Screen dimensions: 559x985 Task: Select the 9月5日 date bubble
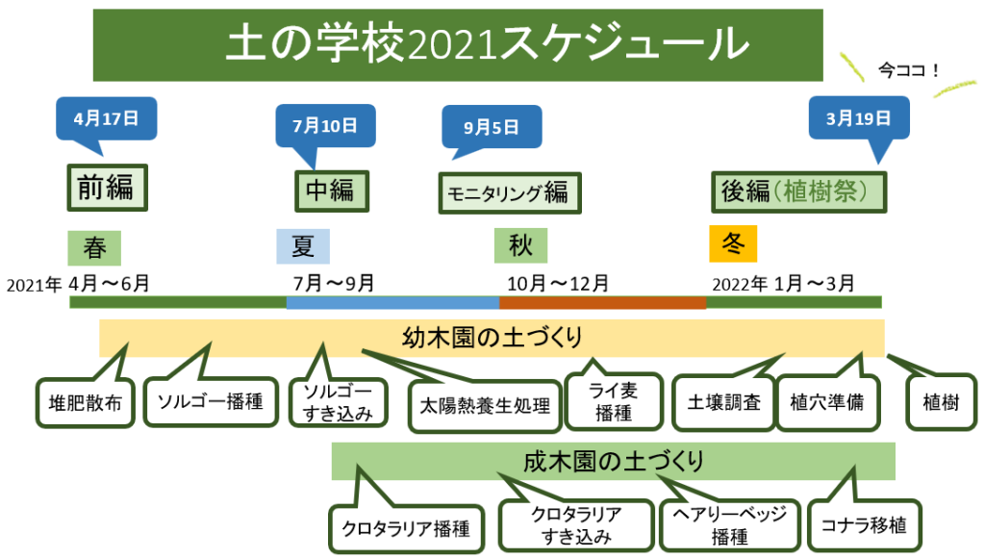491,126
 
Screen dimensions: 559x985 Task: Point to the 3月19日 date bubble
858,118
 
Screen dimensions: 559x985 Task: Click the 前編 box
106,188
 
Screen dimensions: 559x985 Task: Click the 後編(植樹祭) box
797,191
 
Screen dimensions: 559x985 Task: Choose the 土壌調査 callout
719,402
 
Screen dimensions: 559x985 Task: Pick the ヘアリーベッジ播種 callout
730,525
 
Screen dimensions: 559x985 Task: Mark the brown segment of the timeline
602,302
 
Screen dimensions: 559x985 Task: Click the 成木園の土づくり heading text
613,461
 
